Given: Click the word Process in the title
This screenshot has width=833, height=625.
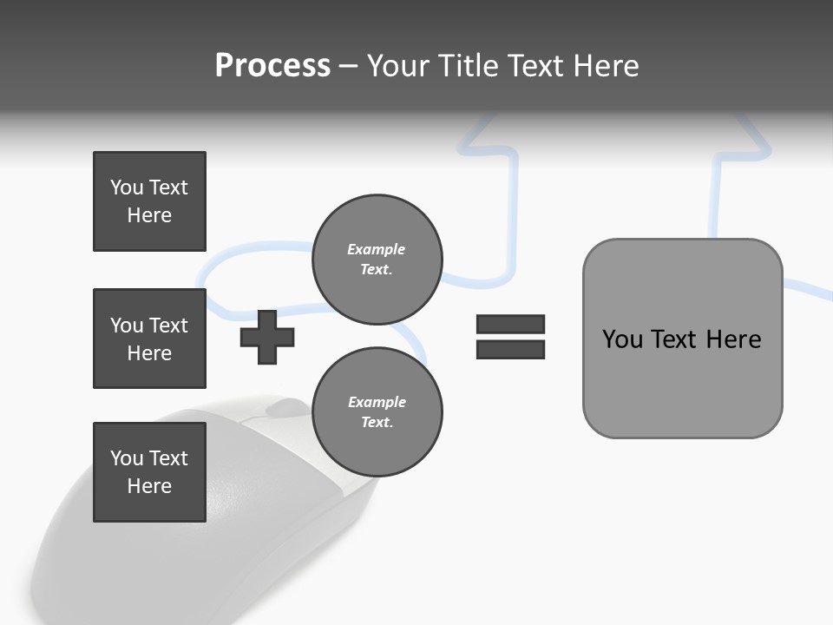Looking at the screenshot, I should (x=272, y=66).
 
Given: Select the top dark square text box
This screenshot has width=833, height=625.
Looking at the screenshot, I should (x=149, y=201).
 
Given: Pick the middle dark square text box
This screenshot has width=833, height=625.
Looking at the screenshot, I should (x=149, y=339).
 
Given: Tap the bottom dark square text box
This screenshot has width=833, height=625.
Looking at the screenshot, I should (x=149, y=471).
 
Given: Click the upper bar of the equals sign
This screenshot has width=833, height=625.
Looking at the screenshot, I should (x=510, y=324).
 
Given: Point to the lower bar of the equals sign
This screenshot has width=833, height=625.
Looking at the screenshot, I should (x=510, y=349).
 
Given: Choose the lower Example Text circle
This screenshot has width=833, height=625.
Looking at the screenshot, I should (x=377, y=411).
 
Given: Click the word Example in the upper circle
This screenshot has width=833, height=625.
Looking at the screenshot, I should (x=377, y=249).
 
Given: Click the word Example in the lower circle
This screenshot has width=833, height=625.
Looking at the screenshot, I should (x=377, y=402).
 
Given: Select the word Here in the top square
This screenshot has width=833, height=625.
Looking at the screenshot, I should (x=149, y=215).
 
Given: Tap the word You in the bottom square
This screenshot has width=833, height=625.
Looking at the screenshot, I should (x=127, y=457).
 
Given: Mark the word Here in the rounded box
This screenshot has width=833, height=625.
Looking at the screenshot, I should (x=733, y=339).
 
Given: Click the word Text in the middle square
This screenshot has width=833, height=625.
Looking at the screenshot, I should (x=168, y=326).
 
